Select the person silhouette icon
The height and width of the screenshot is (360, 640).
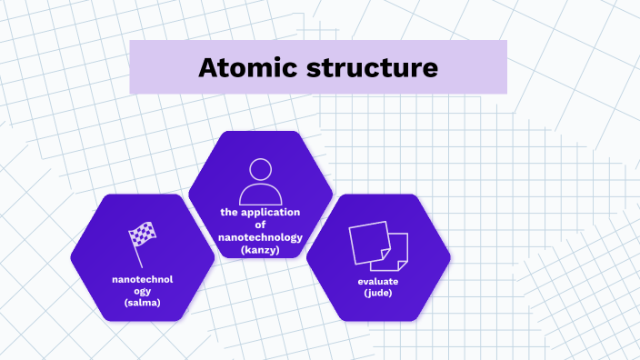click(261, 182)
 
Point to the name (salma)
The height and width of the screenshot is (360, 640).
click(143, 303)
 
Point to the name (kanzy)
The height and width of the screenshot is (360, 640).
click(261, 249)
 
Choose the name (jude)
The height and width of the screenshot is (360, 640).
click(378, 294)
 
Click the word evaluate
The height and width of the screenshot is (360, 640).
click(378, 282)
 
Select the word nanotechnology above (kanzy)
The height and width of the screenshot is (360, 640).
click(261, 236)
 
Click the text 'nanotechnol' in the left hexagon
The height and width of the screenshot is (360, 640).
click(143, 279)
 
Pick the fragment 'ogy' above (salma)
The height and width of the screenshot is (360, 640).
click(143, 291)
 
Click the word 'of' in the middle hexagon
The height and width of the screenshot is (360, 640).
click(261, 224)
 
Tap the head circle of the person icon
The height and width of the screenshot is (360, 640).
click(261, 169)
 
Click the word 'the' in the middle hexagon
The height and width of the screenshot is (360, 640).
click(229, 212)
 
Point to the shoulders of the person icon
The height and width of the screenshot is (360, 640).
click(261, 195)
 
